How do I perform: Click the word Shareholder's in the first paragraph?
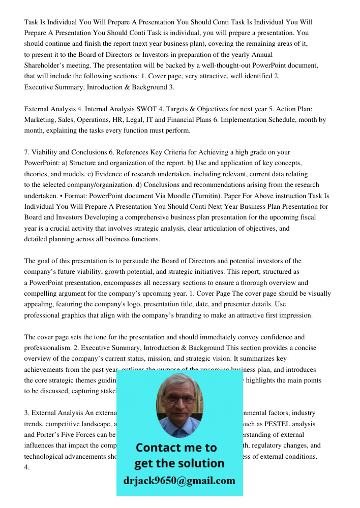coord(45,66)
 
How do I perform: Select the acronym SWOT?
coord(149,109)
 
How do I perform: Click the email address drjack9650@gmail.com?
coord(179,481)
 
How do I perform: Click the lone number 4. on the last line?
coord(27,467)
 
